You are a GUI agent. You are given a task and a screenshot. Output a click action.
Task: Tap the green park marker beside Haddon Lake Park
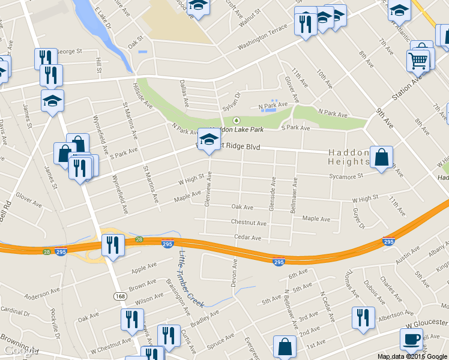pos(236,120)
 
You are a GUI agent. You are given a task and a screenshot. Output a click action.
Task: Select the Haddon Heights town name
pos(349,157)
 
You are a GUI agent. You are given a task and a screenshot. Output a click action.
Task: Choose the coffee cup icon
pos(412,339)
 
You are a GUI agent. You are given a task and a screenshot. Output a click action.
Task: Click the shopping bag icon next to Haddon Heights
pos(381,158)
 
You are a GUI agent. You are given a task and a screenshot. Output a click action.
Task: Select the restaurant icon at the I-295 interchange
pos(113,245)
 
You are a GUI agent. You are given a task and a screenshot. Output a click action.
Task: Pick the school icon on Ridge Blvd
pos(209,140)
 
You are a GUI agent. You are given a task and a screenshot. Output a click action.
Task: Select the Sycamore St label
pos(346,176)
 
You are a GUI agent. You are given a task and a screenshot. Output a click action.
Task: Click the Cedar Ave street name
pos(247,238)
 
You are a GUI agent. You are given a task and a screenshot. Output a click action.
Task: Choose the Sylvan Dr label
pos(231,100)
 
